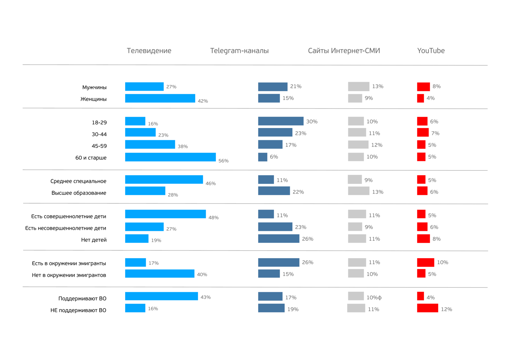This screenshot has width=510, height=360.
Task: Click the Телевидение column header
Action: pyautogui.click(x=149, y=51)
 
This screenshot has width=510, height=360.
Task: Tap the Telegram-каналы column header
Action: pyautogui.click(x=239, y=51)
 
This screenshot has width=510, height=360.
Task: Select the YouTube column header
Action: pyautogui.click(x=431, y=51)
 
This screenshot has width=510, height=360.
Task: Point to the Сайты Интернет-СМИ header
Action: pyautogui.click(x=344, y=51)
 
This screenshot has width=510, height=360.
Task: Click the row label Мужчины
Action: pyautogui.click(x=94, y=87)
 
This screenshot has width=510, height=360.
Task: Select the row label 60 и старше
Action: pyautogui.click(x=91, y=158)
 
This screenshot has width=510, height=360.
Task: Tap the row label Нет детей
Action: pyautogui.click(x=94, y=240)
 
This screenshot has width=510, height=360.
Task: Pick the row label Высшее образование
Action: pyautogui.click(x=79, y=193)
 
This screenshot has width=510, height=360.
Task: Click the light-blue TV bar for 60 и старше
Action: pyautogui.click(x=170, y=157)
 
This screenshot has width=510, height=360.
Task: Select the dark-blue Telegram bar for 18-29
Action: pyautogui.click(x=280, y=121)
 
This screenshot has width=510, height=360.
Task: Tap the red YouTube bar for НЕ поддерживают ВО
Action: pyautogui.click(x=427, y=308)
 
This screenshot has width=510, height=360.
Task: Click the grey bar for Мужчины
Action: pyautogui.click(x=359, y=86)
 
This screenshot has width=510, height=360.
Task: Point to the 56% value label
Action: pyautogui.click(x=223, y=161)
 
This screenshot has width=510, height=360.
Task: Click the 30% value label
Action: pyautogui.click(x=312, y=122)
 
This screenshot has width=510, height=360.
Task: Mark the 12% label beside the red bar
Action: pyautogui.click(x=446, y=309)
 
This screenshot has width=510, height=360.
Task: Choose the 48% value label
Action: pyautogui.click(x=213, y=217)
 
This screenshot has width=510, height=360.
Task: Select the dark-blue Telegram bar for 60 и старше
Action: pyautogui.click(x=263, y=157)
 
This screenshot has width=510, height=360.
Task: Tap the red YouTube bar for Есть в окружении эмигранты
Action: pyautogui.click(x=425, y=262)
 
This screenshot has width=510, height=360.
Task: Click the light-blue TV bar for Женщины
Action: pyautogui.click(x=160, y=98)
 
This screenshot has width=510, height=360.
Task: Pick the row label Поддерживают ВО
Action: pyautogui.click(x=82, y=298)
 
